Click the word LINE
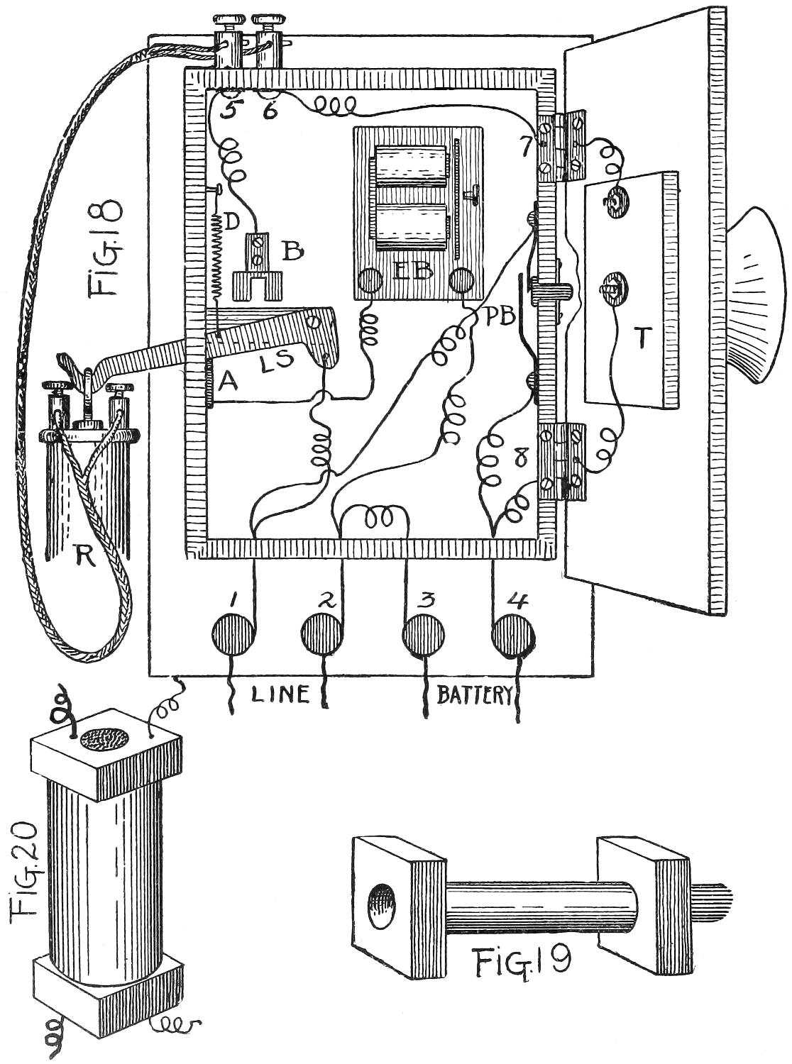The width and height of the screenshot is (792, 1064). point(280,694)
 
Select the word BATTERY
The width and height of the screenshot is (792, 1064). point(473,694)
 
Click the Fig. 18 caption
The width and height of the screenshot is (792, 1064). point(104,248)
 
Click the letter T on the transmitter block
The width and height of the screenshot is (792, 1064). point(641,341)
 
